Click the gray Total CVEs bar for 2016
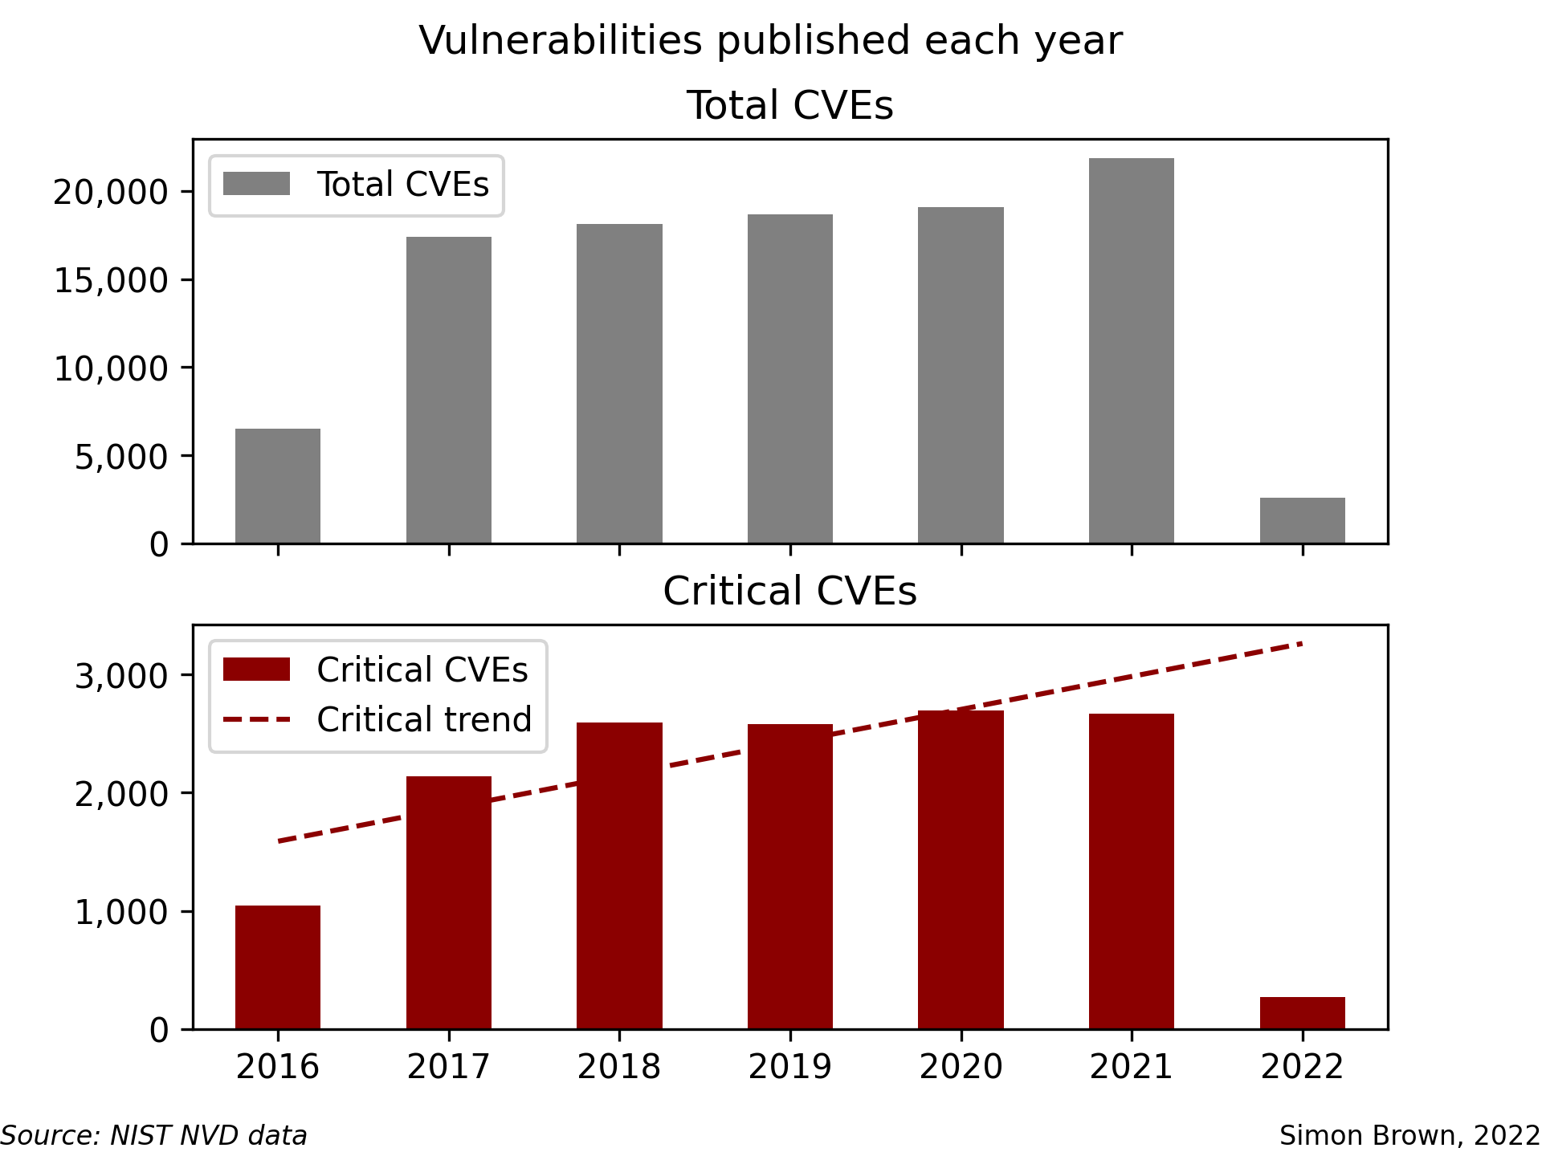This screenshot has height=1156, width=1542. point(278,486)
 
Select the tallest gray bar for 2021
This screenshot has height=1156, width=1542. point(1132,351)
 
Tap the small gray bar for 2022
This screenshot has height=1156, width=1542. point(1302,520)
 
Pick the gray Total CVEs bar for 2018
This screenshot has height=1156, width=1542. point(619,384)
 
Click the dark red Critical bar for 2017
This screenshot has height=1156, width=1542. point(449,902)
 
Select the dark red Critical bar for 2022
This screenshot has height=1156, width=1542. point(1302,1013)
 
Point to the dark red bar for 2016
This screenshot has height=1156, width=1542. point(278,967)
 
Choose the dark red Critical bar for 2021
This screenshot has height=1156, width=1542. point(1132,871)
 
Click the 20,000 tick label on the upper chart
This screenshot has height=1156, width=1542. point(111,193)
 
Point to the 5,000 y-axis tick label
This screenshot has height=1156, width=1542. point(121,457)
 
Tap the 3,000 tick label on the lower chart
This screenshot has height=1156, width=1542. point(121,676)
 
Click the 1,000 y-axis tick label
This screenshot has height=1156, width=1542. point(121,913)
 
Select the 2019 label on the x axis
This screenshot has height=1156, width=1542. point(790,1067)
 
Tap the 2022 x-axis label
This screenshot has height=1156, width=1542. point(1302,1067)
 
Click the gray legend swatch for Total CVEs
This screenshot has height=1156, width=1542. point(256,184)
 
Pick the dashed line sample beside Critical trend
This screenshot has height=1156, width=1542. point(256,719)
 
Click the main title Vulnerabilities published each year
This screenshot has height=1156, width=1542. point(771,41)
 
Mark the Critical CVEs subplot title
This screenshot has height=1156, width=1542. point(790,591)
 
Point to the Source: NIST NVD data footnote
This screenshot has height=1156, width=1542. point(154,1136)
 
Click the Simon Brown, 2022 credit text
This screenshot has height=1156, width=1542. point(1409,1136)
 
